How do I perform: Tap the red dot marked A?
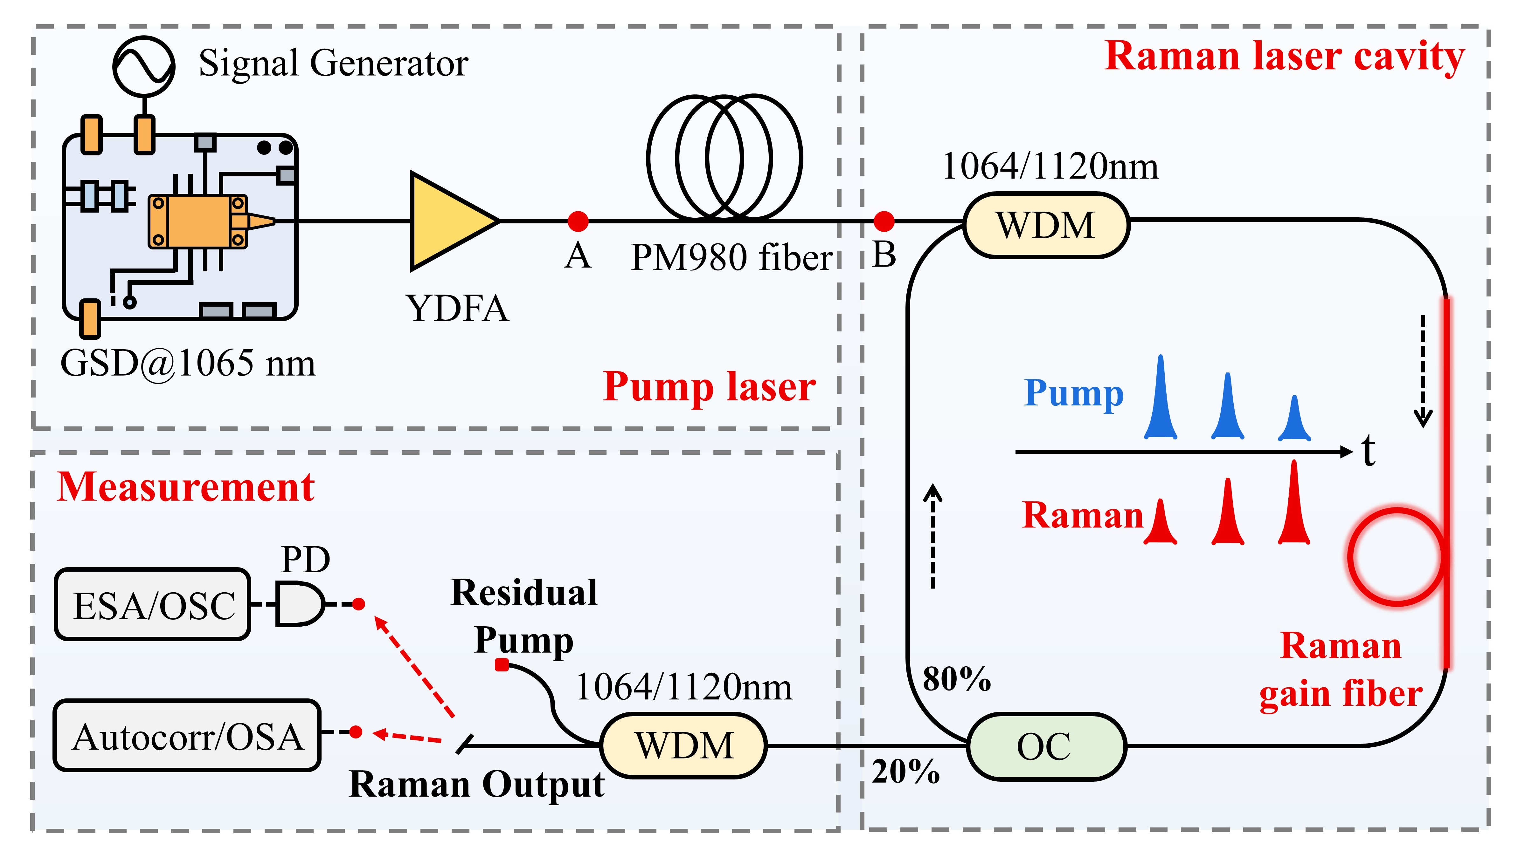click(578, 221)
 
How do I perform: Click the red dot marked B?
click(884, 221)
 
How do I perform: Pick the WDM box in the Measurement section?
click(684, 745)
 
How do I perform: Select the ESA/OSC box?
click(153, 604)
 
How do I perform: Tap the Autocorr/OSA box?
click(187, 736)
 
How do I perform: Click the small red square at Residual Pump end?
click(502, 665)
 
